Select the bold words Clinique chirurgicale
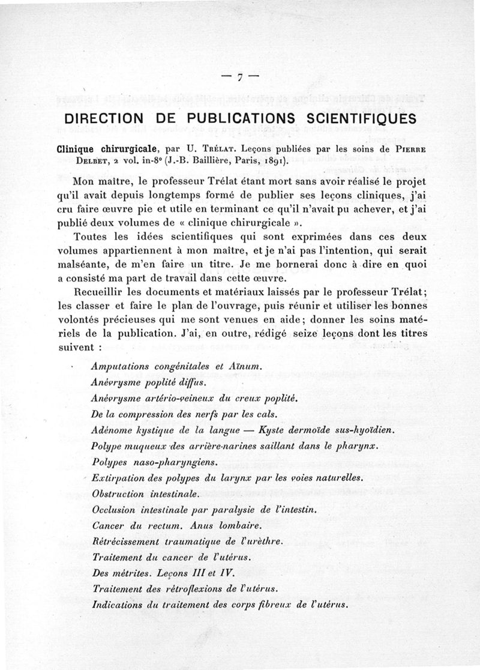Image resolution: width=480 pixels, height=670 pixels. [x=106, y=148]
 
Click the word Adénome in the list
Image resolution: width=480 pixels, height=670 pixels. [x=115, y=430]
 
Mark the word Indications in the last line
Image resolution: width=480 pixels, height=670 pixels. [x=118, y=605]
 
